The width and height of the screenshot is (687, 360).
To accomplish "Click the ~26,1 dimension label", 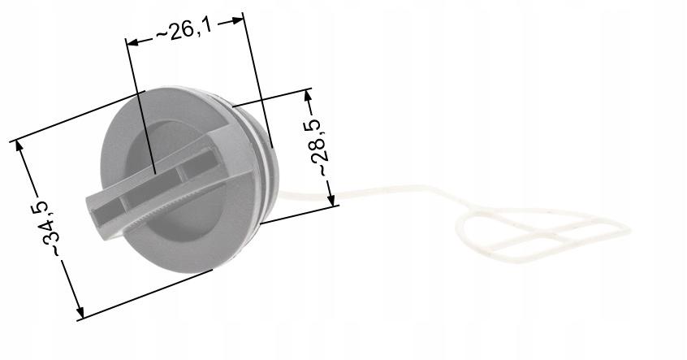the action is [x=184, y=30].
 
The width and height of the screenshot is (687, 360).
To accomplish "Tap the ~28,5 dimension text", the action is [x=318, y=147].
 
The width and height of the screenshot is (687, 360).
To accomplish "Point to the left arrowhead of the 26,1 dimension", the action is [x=132, y=42].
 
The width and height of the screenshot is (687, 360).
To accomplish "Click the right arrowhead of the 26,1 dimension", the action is [x=236, y=20].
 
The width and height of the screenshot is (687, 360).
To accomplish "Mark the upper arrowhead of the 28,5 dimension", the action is [x=308, y=97].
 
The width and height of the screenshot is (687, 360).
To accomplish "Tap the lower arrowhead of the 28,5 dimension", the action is [x=331, y=199].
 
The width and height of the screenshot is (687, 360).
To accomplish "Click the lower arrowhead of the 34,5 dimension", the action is [x=79, y=311].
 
